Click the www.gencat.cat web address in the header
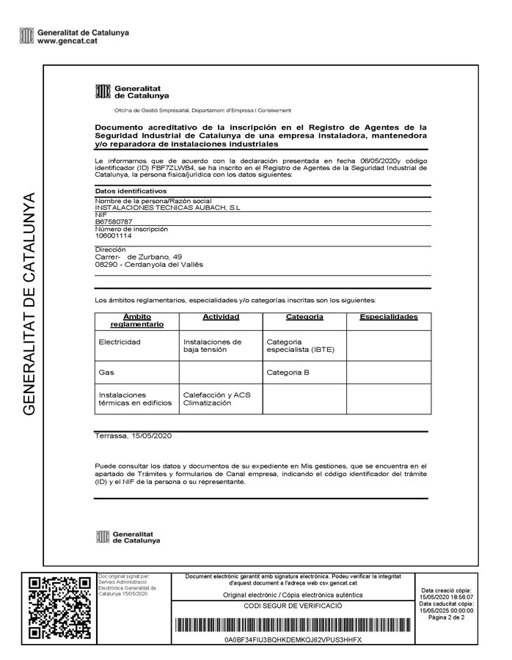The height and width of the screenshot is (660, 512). (x=67, y=41)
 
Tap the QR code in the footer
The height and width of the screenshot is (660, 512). (x=59, y=608)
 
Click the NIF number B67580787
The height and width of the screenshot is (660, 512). (x=114, y=221)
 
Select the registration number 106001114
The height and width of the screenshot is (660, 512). (x=114, y=235)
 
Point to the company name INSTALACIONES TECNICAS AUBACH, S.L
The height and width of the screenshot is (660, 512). (x=168, y=208)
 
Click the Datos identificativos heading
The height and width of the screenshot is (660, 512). (x=125, y=191)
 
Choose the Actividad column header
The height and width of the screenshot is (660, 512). (x=220, y=317)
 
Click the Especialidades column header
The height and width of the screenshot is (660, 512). (x=388, y=317)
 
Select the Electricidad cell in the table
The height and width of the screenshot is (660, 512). (x=120, y=342)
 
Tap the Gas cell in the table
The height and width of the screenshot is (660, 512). (x=106, y=373)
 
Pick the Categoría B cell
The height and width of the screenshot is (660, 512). (x=288, y=373)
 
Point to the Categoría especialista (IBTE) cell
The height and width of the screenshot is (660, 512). (x=300, y=345)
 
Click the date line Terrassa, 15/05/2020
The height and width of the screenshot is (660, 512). (x=132, y=436)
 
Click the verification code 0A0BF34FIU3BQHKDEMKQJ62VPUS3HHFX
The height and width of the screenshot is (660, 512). (x=293, y=640)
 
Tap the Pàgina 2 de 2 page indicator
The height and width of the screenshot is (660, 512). (x=447, y=617)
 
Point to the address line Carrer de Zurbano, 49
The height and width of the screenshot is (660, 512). (x=139, y=257)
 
